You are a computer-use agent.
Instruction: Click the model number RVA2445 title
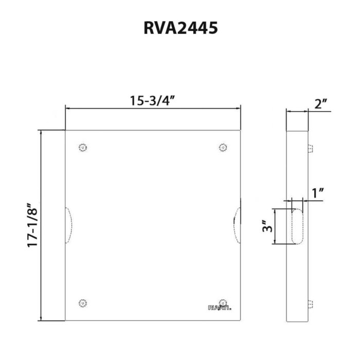pos(181,28)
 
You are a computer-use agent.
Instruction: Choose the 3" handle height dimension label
pos(266,226)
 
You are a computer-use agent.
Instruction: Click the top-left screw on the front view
pos(83,148)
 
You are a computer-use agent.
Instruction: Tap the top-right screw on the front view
pos(223,148)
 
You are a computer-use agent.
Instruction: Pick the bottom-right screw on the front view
pos(223,303)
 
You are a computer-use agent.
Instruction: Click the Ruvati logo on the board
pos(220,309)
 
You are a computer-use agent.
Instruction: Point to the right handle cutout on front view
pos(237,225)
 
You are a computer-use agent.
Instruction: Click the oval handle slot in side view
pos(297,226)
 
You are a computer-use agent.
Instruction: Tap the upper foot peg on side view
pos(310,149)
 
